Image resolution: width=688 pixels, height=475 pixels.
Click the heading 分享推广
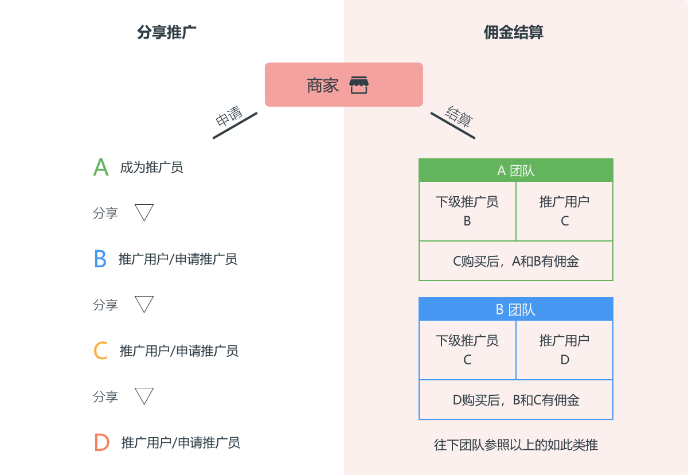click(x=167, y=33)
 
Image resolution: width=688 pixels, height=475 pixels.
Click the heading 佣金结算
click(x=513, y=33)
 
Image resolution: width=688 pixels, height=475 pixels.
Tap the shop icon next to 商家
click(x=359, y=85)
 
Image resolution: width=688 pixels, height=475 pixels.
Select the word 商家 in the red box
click(x=323, y=85)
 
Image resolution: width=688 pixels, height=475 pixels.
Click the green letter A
click(x=101, y=168)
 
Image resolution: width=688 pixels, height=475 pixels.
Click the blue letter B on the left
click(x=100, y=259)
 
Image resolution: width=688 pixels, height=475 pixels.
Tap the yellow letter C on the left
click(x=101, y=351)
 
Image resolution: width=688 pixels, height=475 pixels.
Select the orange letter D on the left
click(x=101, y=442)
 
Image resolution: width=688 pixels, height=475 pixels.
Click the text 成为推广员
click(x=151, y=168)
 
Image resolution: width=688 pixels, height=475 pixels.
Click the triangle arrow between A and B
click(x=144, y=212)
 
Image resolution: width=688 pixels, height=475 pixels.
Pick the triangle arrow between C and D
click(x=144, y=396)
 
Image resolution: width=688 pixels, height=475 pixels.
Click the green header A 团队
click(x=515, y=170)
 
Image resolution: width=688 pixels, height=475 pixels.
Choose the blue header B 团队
click(x=515, y=309)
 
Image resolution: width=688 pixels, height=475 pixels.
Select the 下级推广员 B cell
click(x=467, y=211)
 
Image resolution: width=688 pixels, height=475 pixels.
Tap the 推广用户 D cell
click(x=564, y=350)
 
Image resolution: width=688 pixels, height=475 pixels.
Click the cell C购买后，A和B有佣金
click(x=515, y=261)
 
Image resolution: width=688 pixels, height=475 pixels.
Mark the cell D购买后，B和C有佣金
click(x=515, y=400)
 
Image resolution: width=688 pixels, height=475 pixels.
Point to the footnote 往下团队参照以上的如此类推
click(x=515, y=445)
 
